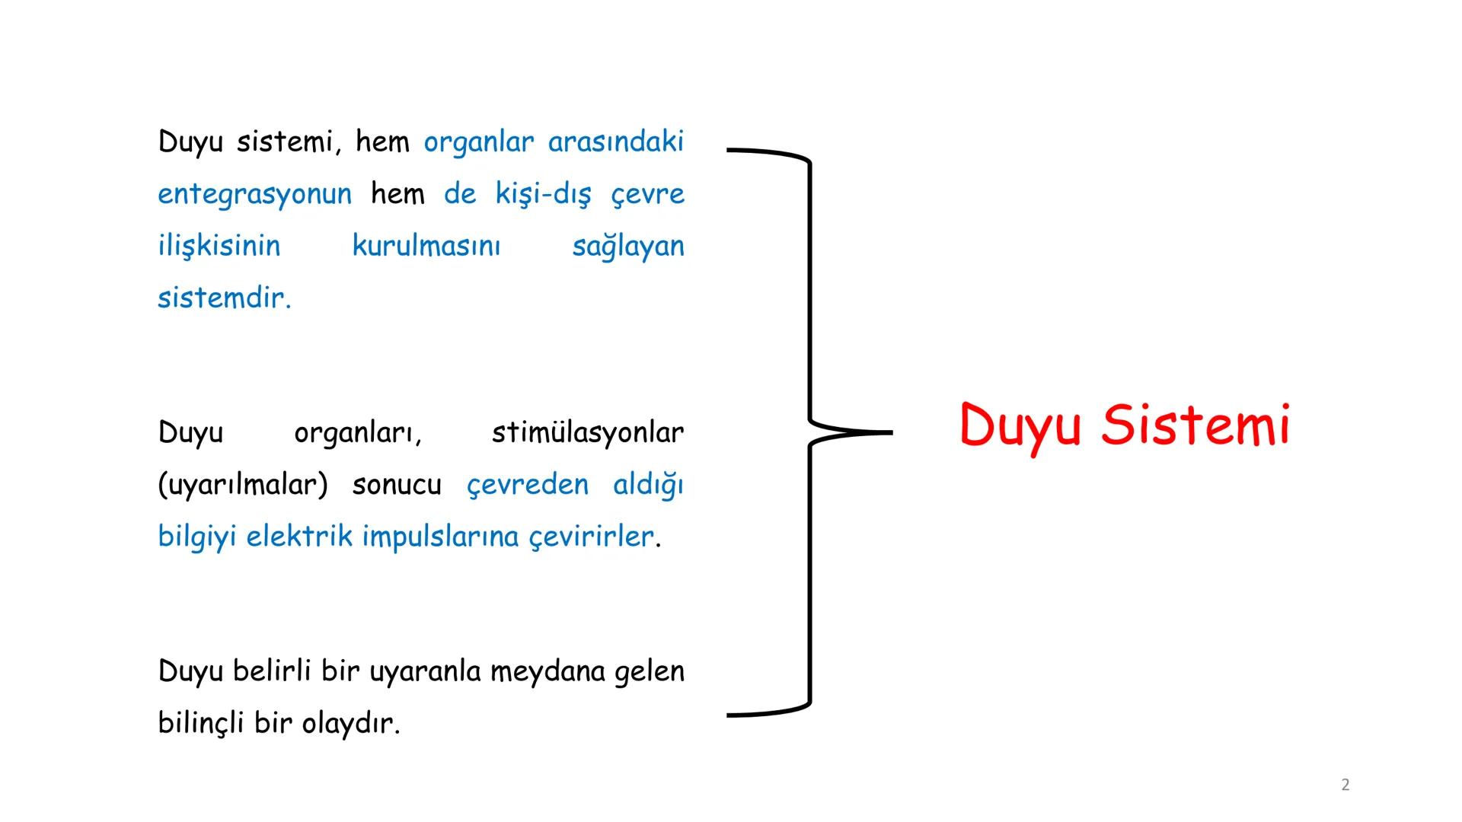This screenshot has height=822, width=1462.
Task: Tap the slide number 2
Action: click(1345, 785)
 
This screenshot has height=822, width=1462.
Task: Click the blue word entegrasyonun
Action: click(255, 194)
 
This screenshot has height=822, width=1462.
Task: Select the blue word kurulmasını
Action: click(426, 246)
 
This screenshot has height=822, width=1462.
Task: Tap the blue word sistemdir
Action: click(224, 298)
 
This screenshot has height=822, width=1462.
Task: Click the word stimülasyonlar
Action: click(588, 432)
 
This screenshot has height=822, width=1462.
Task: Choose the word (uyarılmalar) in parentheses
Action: click(243, 485)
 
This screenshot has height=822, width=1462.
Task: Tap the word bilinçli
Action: click(201, 723)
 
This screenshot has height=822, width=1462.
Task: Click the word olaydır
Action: click(350, 723)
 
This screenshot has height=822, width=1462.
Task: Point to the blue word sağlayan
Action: click(628, 247)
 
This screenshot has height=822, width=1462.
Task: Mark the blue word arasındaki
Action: click(616, 142)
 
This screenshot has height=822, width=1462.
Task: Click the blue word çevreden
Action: click(528, 485)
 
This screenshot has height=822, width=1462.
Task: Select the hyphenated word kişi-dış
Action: click(543, 194)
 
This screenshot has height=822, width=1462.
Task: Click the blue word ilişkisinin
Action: click(219, 246)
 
